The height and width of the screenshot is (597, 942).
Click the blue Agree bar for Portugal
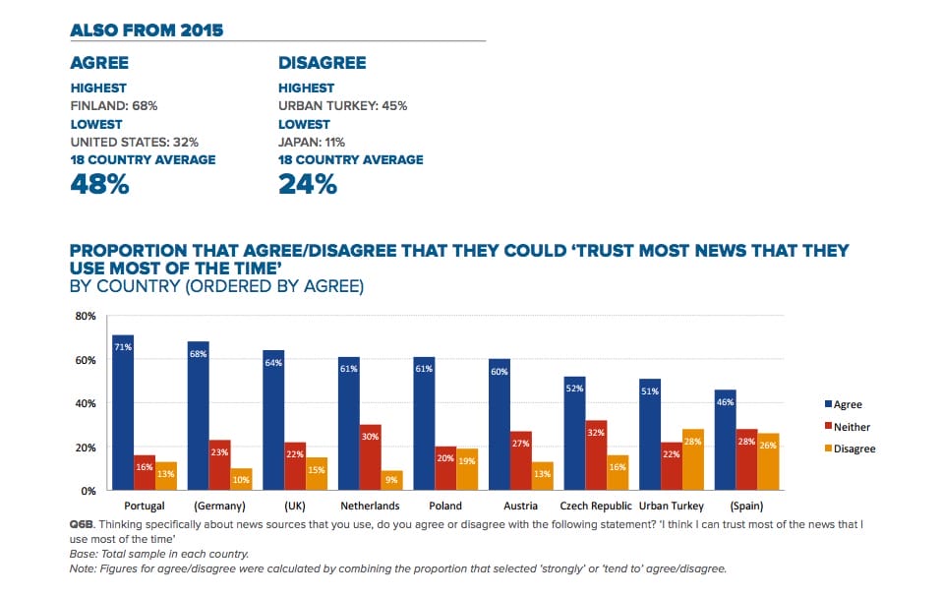(x=123, y=413)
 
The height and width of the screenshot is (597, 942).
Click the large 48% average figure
(x=99, y=183)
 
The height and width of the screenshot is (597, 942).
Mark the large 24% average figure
(x=308, y=183)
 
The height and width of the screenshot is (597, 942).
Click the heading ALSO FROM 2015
(x=147, y=30)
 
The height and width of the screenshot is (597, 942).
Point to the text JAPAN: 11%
(x=312, y=143)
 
